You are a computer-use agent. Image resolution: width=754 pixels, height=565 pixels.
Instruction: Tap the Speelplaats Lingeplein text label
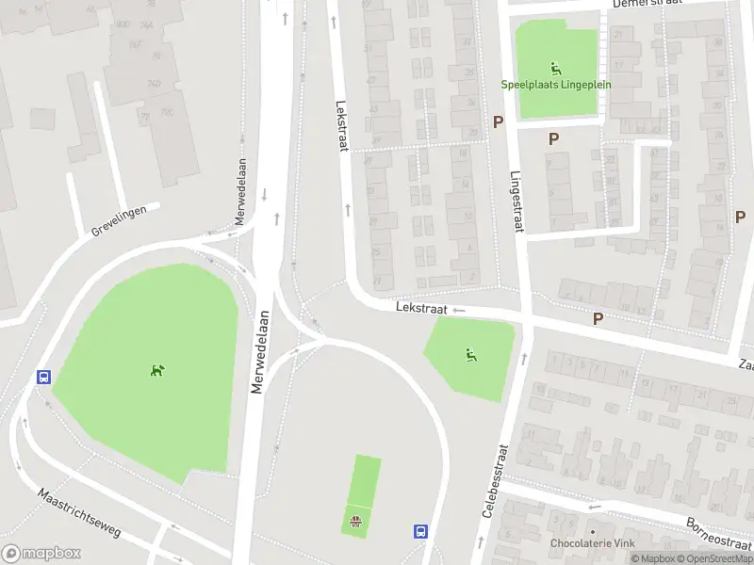point(557,84)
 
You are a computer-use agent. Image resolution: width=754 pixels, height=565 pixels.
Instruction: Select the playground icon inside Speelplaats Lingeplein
point(556,67)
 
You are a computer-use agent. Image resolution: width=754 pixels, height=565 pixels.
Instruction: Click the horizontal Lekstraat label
point(420,307)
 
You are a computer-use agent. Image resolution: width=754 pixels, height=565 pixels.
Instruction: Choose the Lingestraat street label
point(516,200)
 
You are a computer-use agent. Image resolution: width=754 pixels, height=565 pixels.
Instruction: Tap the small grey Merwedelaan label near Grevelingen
point(241,191)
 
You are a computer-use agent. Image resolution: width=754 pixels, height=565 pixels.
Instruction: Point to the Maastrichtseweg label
point(80,513)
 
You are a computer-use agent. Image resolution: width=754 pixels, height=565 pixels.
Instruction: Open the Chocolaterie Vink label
point(593,543)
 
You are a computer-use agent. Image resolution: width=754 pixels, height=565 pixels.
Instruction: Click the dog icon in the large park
point(157,369)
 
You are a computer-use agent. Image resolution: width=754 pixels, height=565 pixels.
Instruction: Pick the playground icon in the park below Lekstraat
point(469,354)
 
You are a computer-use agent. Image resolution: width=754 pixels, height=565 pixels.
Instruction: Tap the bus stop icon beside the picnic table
point(420,531)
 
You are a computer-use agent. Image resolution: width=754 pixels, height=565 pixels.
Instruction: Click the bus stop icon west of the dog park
point(43,377)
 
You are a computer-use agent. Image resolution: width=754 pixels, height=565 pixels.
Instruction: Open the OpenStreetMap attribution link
point(714,558)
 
